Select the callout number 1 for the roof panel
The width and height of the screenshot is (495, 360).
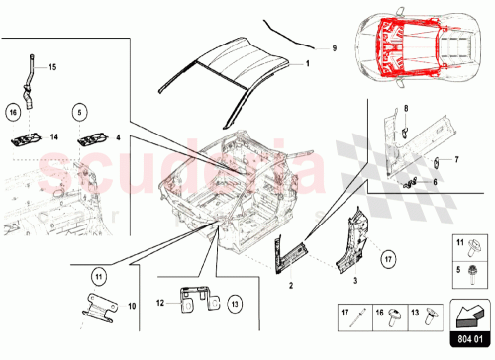pos(307,62)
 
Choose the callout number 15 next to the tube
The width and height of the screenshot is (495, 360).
pos(53,66)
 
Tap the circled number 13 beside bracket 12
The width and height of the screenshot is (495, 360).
pos(236,304)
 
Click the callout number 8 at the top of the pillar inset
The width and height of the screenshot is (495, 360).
pos(406,109)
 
